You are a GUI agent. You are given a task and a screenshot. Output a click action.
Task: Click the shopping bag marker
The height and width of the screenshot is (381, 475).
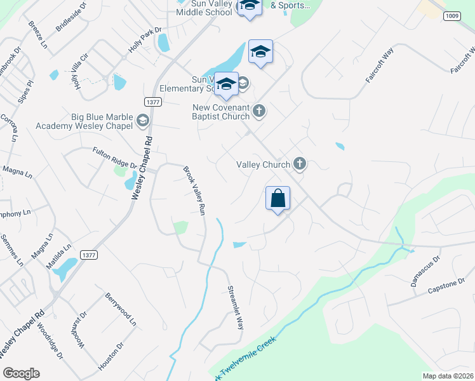(278, 198)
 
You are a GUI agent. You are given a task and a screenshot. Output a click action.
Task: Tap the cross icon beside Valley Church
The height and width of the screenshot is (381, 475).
(300, 164)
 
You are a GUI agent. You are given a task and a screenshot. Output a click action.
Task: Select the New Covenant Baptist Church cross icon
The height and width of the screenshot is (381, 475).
(258, 111)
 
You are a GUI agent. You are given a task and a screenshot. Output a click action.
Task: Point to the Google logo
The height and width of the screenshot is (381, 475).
(21, 373)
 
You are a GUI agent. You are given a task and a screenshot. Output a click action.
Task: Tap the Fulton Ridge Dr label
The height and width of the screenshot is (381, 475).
(115, 157)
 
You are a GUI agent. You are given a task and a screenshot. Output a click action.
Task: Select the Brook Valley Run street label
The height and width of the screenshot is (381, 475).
(194, 190)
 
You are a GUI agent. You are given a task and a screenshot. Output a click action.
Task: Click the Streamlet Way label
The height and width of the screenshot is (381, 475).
(236, 307)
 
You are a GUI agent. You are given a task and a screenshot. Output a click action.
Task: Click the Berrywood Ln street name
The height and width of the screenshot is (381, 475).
(121, 309)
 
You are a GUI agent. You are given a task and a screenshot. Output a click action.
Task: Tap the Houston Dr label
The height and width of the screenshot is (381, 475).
(111, 355)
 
